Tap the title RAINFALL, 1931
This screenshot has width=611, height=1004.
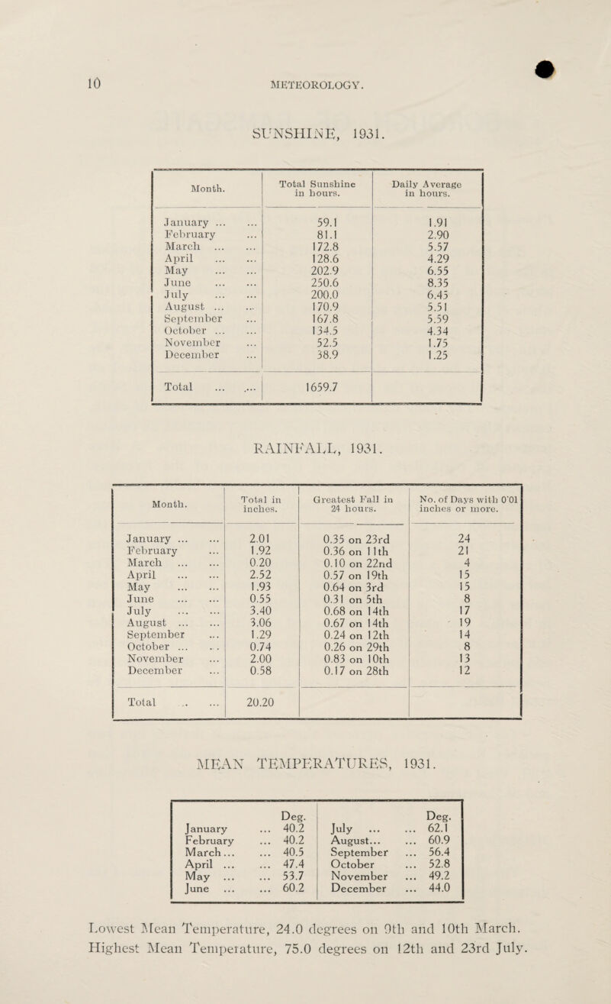click(x=306, y=465)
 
